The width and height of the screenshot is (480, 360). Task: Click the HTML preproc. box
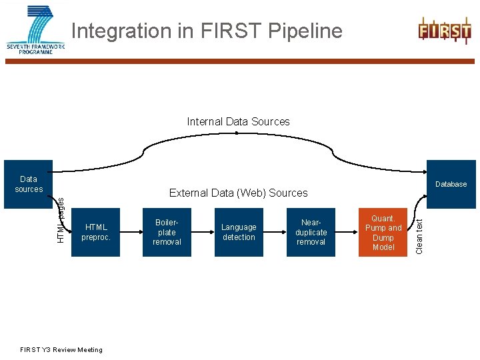[95, 232]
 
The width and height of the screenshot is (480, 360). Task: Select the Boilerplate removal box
[167, 232]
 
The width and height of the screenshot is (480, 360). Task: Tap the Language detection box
[239, 232]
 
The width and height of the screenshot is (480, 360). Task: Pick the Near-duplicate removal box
[311, 232]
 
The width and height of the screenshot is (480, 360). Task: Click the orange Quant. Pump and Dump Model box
[383, 232]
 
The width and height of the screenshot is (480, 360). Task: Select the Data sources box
[29, 184]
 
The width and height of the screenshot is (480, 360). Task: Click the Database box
[451, 184]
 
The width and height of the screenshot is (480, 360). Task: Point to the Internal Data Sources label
[238, 122]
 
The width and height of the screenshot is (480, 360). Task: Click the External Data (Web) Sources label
[238, 193]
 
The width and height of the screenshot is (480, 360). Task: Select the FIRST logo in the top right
[444, 31]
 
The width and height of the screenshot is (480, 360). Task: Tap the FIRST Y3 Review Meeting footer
[61, 350]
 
